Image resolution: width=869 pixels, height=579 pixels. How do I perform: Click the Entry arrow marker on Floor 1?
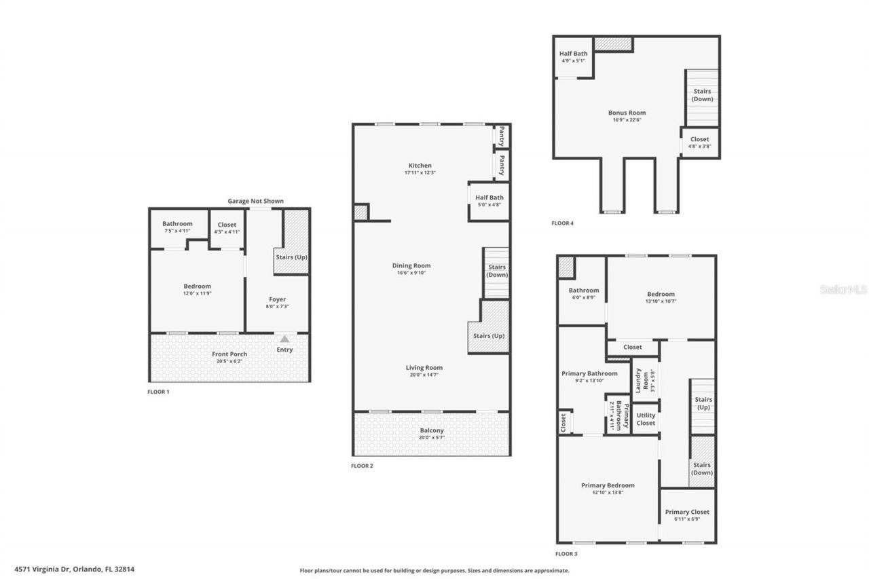284,339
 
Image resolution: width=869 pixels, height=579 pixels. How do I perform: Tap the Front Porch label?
229,354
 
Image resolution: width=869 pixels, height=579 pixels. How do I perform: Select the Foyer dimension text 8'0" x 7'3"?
277,307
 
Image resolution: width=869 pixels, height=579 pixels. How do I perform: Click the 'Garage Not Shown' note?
255,201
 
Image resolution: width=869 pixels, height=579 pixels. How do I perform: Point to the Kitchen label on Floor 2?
420,166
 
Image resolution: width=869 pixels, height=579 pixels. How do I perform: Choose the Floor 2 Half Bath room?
489,201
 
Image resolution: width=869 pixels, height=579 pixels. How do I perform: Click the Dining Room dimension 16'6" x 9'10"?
411,273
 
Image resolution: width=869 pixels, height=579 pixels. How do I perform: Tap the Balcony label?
431,430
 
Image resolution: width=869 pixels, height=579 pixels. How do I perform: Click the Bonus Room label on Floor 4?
627,113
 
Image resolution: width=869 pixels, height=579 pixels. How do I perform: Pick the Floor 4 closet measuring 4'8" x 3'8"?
699,142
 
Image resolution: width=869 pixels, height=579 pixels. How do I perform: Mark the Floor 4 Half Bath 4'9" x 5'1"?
573,57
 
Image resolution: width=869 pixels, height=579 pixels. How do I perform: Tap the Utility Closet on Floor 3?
646,419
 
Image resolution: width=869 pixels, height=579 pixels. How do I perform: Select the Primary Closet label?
687,512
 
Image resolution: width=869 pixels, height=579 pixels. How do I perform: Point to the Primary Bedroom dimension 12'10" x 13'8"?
607,492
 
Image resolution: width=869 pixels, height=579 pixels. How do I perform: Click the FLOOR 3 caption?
566,554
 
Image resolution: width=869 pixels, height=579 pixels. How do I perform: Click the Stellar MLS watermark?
843,289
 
